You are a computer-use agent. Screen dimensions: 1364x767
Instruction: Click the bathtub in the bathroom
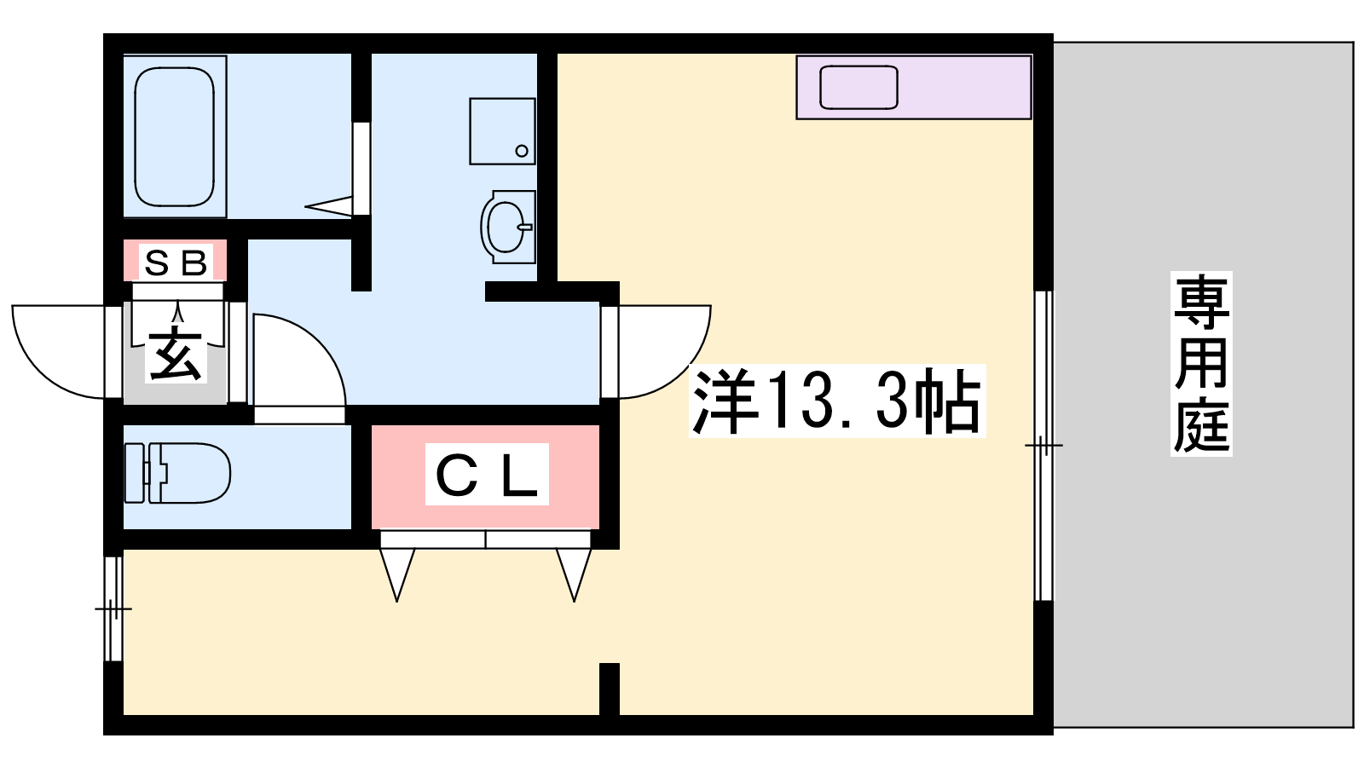pyautogui.click(x=174, y=136)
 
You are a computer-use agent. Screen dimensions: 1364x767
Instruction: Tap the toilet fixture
pyautogui.click(x=177, y=473)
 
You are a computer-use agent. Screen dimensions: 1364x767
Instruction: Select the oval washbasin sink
pyautogui.click(x=508, y=227)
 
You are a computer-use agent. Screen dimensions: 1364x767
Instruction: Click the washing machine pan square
pyautogui.click(x=502, y=131)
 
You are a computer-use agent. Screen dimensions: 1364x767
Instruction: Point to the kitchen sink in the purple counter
pyautogui.click(x=858, y=88)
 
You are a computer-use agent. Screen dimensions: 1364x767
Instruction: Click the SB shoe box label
pyautogui.click(x=176, y=263)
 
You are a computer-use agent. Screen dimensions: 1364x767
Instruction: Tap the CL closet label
pyautogui.click(x=487, y=474)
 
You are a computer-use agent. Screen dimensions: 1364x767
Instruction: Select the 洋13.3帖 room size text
pyautogui.click(x=836, y=401)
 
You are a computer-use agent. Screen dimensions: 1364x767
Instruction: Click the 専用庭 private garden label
pyautogui.click(x=1201, y=363)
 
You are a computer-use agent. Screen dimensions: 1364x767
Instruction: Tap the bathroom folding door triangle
pyautogui.click(x=329, y=205)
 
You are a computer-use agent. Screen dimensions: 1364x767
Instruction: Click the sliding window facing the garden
pyautogui.click(x=1043, y=446)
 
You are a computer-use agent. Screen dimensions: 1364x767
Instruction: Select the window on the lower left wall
pyautogui.click(x=113, y=608)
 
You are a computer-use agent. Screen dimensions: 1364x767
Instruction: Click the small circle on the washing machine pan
pyautogui.click(x=521, y=151)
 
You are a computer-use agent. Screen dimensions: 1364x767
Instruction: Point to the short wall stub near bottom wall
pyautogui.click(x=610, y=689)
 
